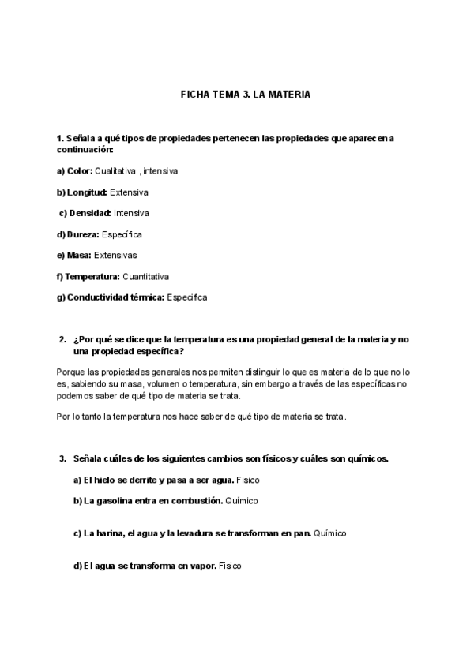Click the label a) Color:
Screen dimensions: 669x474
pyautogui.click(x=74, y=170)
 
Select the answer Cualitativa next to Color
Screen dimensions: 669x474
pyautogui.click(x=116, y=170)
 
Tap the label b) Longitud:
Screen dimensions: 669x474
pyautogui.click(x=82, y=192)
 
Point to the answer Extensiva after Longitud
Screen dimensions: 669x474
pyautogui.click(x=130, y=192)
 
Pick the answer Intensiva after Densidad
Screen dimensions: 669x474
pyautogui.click(x=131, y=213)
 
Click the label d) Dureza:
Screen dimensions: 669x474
pyautogui.click(x=77, y=234)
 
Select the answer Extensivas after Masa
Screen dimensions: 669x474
pyautogui.click(x=115, y=256)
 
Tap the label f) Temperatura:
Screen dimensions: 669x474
pyautogui.click(x=88, y=277)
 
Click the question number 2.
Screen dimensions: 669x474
pyautogui.click(x=62, y=339)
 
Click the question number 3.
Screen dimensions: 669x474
pyautogui.click(x=62, y=458)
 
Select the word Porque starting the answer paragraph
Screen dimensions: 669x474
pyautogui.click(x=72, y=371)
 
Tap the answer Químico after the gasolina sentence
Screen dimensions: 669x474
pyautogui.click(x=242, y=501)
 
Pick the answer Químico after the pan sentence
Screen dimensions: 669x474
pyautogui.click(x=330, y=533)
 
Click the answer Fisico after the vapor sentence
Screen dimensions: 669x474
pyautogui.click(x=230, y=566)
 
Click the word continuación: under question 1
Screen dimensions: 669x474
pyautogui.click(x=85, y=149)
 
